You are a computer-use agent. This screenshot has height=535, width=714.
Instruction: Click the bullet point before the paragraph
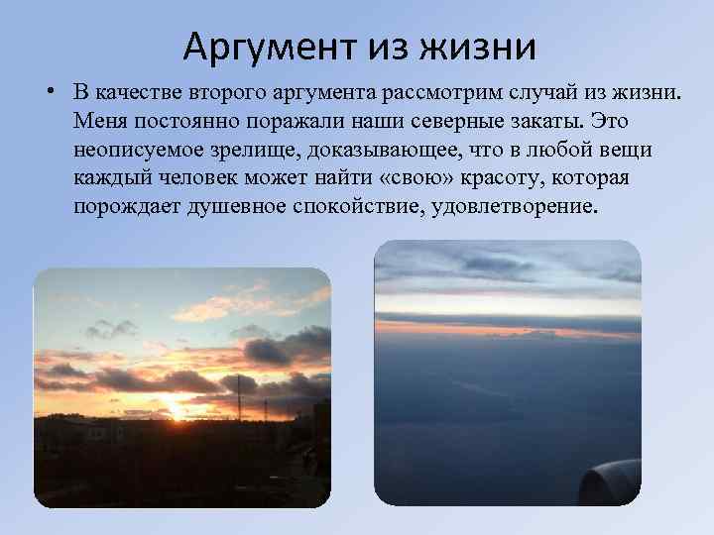point(48,93)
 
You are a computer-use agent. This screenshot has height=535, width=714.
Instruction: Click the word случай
point(554,92)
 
